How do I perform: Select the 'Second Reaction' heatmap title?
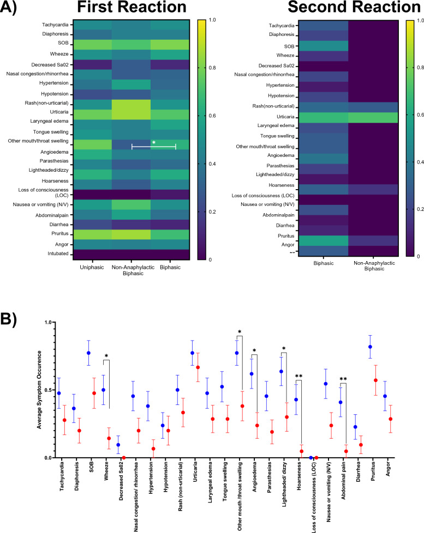(349, 9)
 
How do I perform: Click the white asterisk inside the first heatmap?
(154, 142)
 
